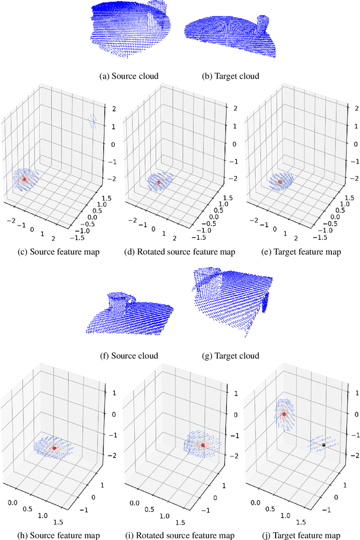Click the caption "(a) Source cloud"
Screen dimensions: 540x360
[x=129, y=76]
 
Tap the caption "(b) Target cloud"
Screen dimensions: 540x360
[x=230, y=76]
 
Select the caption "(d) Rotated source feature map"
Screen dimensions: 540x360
[x=179, y=252]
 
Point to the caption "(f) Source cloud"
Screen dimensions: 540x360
[x=129, y=355]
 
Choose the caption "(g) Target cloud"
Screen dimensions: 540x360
[x=230, y=355]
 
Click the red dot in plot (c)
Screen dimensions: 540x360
[x=24, y=179]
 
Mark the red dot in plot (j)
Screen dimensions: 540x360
[x=284, y=414]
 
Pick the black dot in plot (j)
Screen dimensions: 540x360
[x=323, y=444]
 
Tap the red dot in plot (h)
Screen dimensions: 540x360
[x=54, y=448]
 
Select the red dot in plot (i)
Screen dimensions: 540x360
[x=202, y=445]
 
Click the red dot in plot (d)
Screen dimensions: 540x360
[x=159, y=182]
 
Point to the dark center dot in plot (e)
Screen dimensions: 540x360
[x=280, y=182]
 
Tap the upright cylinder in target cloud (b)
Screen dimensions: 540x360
[x=262, y=25]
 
